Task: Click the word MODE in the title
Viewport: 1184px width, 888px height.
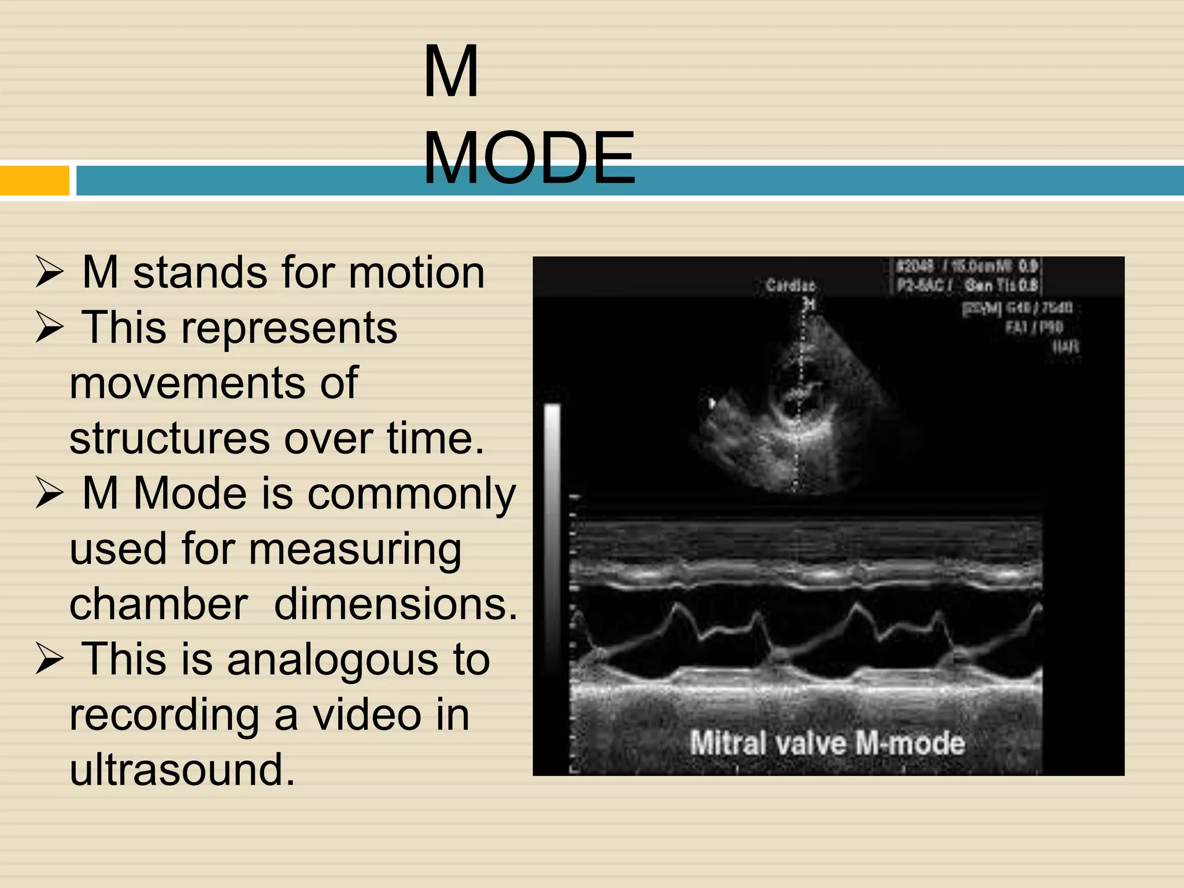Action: pos(529,158)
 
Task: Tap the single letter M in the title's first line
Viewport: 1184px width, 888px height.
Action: pos(451,72)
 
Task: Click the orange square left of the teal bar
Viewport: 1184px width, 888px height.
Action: pos(34,180)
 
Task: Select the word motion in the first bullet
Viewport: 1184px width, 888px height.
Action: pos(416,272)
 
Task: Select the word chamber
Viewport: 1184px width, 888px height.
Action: pos(158,604)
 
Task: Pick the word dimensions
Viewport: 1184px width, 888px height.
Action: pos(395,604)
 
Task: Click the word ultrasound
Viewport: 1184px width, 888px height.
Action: pos(182,770)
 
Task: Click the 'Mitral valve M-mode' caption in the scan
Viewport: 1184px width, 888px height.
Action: pos(827,743)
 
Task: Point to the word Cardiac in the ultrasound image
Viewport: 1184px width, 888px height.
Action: pos(790,285)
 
